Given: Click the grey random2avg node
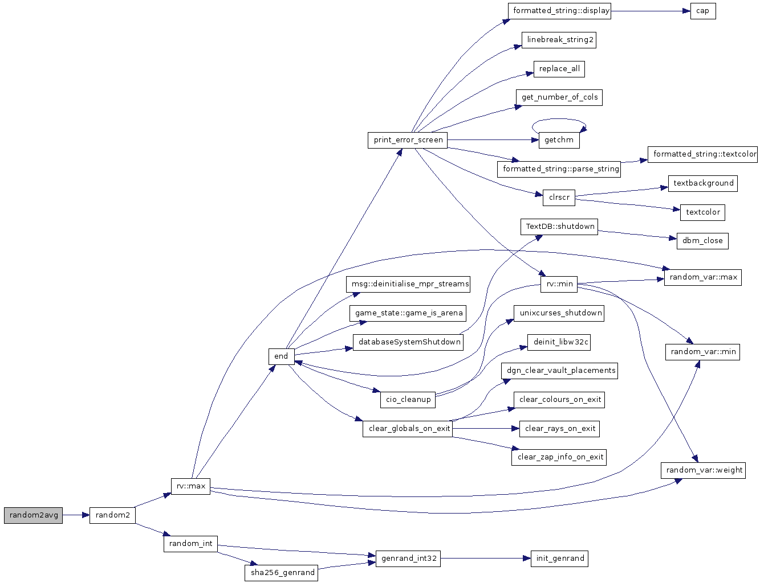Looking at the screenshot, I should click(x=33, y=515).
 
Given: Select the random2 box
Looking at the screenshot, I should click(x=112, y=515).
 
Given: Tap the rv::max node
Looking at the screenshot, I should click(x=190, y=486).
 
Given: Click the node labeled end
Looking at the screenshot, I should click(x=281, y=356).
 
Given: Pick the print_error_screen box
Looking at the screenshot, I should click(x=408, y=140).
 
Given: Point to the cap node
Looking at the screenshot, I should click(x=702, y=11).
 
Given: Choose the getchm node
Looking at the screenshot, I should click(x=559, y=140).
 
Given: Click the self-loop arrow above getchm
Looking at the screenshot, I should click(x=559, y=120).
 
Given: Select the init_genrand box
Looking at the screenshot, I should click(x=560, y=559).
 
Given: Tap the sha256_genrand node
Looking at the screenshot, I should click(x=283, y=573).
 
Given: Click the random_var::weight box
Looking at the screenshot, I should click(x=703, y=470).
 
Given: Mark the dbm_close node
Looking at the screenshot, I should click(x=702, y=241).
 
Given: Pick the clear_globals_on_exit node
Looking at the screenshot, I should click(x=408, y=429).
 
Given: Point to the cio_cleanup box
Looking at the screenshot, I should click(x=408, y=400).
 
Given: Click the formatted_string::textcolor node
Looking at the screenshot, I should click(x=704, y=154).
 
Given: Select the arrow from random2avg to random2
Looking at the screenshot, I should click(x=76, y=515).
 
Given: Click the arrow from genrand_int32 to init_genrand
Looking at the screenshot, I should click(x=485, y=559).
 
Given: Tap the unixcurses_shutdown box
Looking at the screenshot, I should click(x=560, y=313).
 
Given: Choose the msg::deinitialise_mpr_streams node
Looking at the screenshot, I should click(x=409, y=284).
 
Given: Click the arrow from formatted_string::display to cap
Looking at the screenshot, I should click(x=650, y=11).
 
